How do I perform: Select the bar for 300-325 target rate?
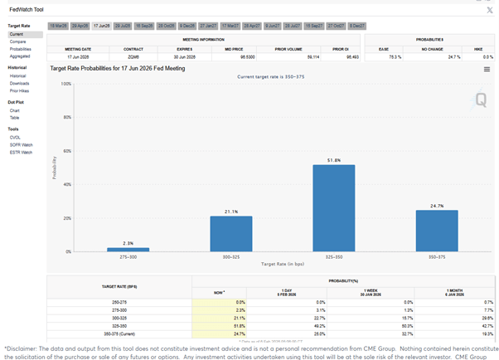tap(230, 233)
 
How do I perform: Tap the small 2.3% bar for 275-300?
tap(128, 249)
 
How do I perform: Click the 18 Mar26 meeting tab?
tap(58, 27)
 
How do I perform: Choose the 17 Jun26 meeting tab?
tap(102, 27)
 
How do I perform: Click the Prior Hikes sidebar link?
tap(20, 90)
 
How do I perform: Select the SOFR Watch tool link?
tap(22, 145)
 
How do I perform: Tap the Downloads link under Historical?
tap(20, 83)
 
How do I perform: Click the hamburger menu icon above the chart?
tap(487, 70)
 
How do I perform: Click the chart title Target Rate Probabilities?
tap(118, 67)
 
